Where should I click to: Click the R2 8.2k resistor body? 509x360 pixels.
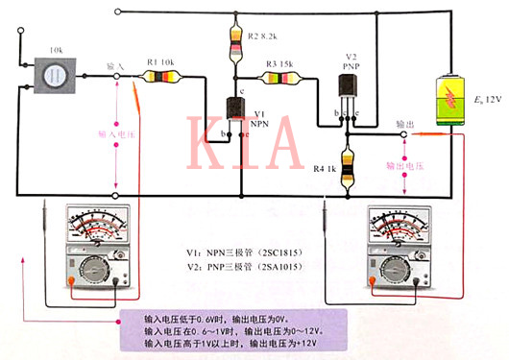point(237,42)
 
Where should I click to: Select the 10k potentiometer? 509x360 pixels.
point(53,78)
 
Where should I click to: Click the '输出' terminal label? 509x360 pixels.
point(406,125)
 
